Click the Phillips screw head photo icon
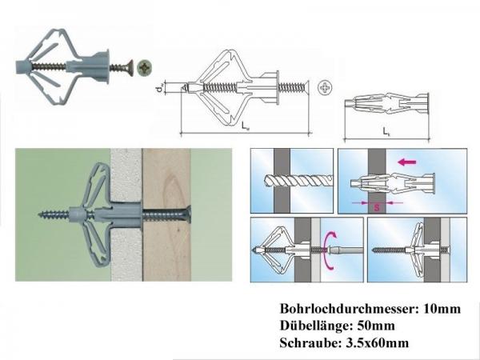point(145,67)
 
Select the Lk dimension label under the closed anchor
point(386,129)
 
